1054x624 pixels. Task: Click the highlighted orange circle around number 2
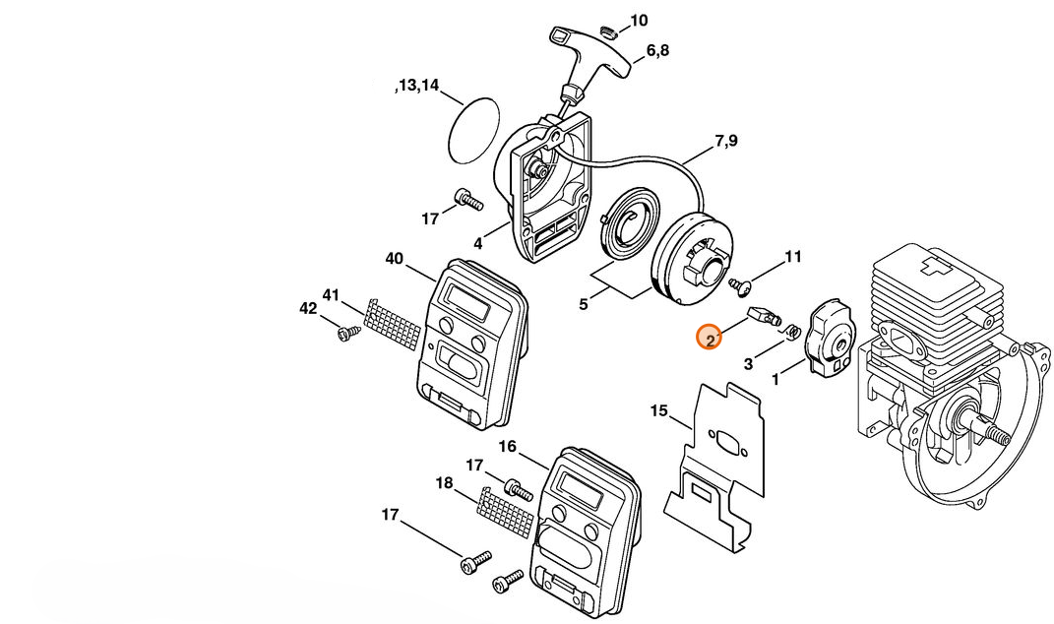click(x=709, y=338)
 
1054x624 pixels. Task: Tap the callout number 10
click(x=639, y=21)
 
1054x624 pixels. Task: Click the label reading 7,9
click(x=726, y=141)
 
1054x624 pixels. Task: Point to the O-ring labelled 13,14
click(x=474, y=130)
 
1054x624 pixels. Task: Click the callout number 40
click(x=395, y=258)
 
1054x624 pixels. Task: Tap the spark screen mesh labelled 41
click(x=393, y=324)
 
